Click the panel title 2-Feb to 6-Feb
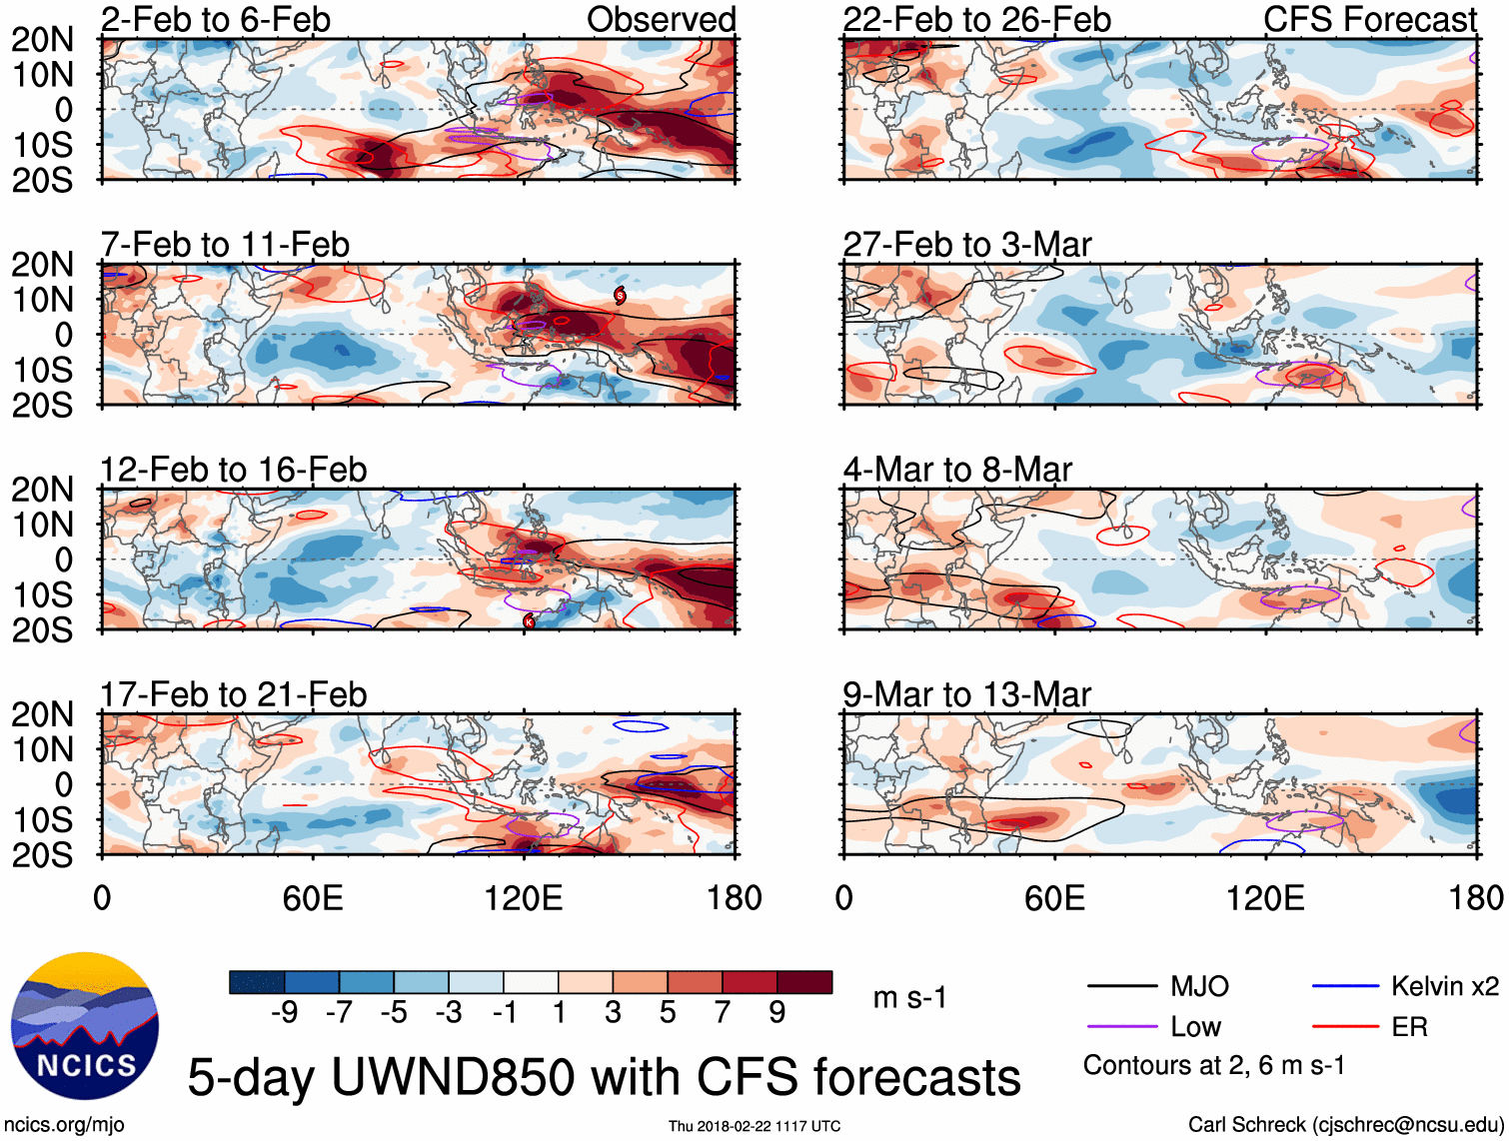click(x=216, y=20)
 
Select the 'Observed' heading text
click(x=661, y=20)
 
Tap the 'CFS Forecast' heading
click(x=1369, y=20)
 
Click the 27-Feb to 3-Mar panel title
click(x=966, y=245)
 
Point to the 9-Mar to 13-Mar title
click(x=966, y=694)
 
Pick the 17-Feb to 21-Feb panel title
click(x=234, y=694)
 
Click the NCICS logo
click(x=85, y=1026)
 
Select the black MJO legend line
click(x=1122, y=987)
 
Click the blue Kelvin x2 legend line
click(x=1345, y=987)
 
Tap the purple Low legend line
click(x=1122, y=1027)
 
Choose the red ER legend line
click(x=1345, y=1027)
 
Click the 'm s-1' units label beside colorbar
click(x=909, y=997)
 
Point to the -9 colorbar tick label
click(x=285, y=1013)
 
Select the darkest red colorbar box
click(x=804, y=982)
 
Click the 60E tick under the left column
click(x=313, y=898)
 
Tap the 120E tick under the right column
click(x=1265, y=898)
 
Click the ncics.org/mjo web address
click(x=64, y=1125)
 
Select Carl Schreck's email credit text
click(x=1345, y=1125)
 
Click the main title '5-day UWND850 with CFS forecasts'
click(x=604, y=1077)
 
